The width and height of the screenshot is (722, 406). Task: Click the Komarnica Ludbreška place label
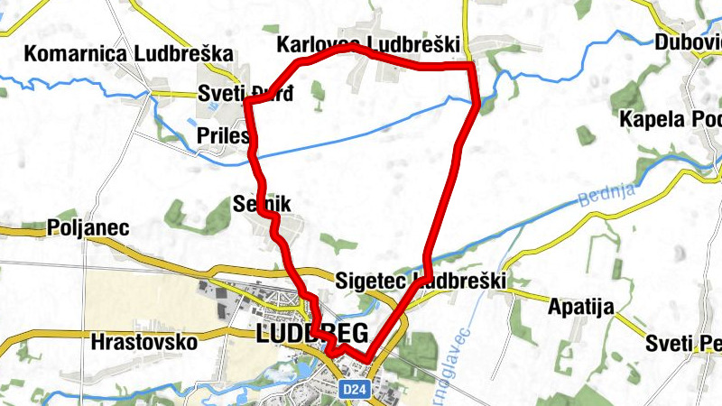(129, 53)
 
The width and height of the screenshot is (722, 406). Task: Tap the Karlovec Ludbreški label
(369, 44)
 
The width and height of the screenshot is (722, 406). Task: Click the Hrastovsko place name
(144, 342)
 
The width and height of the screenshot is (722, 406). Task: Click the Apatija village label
(581, 307)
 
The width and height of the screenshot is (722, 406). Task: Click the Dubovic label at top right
(688, 42)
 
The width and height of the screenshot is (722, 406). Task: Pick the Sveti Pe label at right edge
(683, 343)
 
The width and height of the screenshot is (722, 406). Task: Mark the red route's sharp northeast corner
(472, 66)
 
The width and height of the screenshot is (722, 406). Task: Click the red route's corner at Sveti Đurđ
(246, 102)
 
